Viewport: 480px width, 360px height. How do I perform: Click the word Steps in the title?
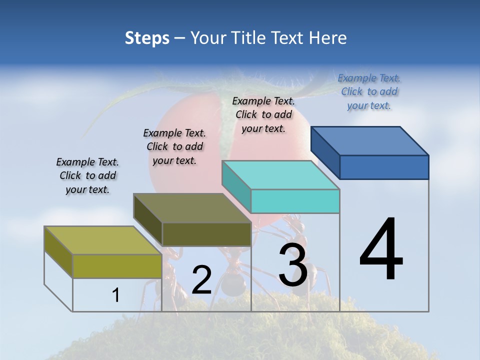(x=147, y=38)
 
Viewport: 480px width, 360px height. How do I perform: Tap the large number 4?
(x=381, y=250)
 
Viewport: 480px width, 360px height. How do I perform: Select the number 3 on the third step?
(x=292, y=265)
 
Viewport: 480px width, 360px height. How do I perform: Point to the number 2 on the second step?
(x=201, y=280)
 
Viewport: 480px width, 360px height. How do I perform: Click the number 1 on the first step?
(x=116, y=295)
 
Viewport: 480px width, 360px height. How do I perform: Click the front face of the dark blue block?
(x=384, y=167)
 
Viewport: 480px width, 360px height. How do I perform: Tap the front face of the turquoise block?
(x=295, y=201)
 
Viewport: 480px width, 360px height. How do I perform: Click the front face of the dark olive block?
(x=206, y=234)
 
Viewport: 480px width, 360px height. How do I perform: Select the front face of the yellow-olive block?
(x=117, y=266)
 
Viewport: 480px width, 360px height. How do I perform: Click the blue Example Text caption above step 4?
(x=369, y=91)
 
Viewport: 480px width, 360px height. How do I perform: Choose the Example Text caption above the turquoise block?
(x=263, y=114)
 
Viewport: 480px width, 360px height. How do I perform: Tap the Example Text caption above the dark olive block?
(x=174, y=146)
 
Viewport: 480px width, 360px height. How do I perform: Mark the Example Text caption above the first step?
(x=87, y=175)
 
